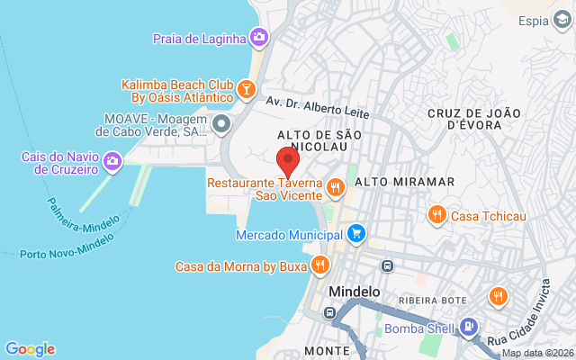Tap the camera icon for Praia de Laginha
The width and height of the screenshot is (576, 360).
(x=258, y=37)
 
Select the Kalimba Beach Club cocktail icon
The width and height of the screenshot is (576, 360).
(x=246, y=88)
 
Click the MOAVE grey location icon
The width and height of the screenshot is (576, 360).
(x=221, y=122)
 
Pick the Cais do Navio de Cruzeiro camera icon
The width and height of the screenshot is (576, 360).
(x=112, y=162)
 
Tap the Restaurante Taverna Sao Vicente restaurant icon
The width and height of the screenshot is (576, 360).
(x=335, y=187)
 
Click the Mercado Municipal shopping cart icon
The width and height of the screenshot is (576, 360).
(x=356, y=234)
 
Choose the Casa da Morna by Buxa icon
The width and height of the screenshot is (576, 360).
(x=319, y=265)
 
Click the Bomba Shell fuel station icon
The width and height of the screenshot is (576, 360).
(x=467, y=327)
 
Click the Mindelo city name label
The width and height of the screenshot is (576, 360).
(x=355, y=292)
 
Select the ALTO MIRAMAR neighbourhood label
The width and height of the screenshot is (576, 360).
(x=405, y=182)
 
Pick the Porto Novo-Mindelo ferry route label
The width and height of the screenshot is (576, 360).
(x=67, y=246)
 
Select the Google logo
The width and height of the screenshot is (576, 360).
(x=30, y=349)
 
